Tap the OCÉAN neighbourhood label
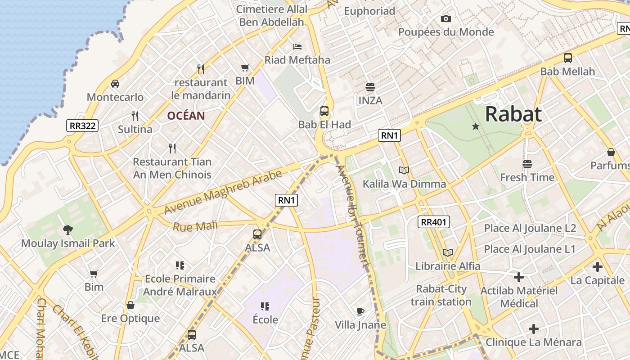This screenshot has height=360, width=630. coord(186,116)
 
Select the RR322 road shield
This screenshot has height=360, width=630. coord(82,126)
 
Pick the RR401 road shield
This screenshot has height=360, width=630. coord(434,221)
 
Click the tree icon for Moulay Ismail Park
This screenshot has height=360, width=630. coord(68,230)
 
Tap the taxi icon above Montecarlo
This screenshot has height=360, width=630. coord(115,83)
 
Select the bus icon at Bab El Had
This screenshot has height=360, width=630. coord(324,111)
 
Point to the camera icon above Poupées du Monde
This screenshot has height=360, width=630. coord(445,18)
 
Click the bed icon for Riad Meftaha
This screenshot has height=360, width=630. coord(297,46)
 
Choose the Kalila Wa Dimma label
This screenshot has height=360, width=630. coord(404,184)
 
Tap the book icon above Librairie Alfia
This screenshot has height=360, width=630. coord(447,252)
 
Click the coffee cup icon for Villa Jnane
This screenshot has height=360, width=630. coord(360,311)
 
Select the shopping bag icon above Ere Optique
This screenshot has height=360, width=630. coord(130,305)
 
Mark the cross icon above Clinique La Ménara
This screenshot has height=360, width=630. coord(533,329)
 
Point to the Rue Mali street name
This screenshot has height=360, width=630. coord(195,226)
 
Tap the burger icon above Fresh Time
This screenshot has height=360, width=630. coord(527,164)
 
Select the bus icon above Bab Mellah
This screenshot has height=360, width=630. coord(567,58)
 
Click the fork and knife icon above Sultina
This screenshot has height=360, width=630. coord(135,116)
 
